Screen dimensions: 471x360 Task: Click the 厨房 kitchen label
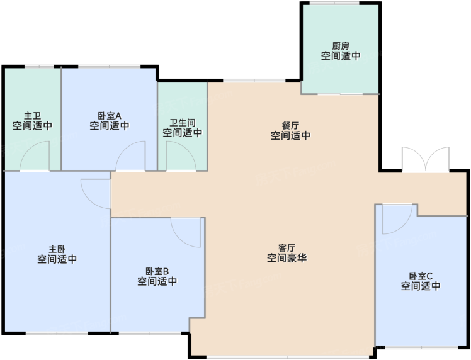pyautogui.click(x=341, y=46)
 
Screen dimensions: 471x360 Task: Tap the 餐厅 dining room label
pyautogui.click(x=290, y=125)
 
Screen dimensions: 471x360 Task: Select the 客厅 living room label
pyautogui.click(x=287, y=248)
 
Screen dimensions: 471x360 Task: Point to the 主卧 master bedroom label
pyautogui.click(x=57, y=249)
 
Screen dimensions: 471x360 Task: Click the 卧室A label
pyautogui.click(x=110, y=116)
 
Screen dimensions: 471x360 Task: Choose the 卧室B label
pyautogui.click(x=157, y=271)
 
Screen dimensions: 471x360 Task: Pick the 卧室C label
pyautogui.click(x=421, y=276)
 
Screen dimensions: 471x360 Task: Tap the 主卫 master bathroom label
pyautogui.click(x=32, y=116)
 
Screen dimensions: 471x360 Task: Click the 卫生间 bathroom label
pyautogui.click(x=183, y=123)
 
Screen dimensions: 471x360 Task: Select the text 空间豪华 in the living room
pyautogui.click(x=287, y=258)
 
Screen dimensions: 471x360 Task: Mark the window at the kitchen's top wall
pyautogui.click(x=334, y=3)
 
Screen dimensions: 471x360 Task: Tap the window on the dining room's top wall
pyautogui.click(x=254, y=81)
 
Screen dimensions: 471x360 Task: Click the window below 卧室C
pyautogui.click(x=422, y=347)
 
